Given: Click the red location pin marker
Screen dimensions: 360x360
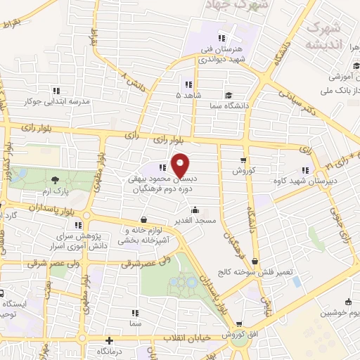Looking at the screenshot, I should pyautogui.click(x=181, y=165).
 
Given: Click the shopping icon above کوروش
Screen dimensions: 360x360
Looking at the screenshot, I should pyautogui.click(x=243, y=160).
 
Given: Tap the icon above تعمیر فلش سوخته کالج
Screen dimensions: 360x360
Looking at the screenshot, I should pyautogui.click(x=255, y=261).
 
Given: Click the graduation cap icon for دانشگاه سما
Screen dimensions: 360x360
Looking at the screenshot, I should pyautogui.click(x=229, y=95).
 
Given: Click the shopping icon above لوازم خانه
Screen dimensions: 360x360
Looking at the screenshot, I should pyautogui.click(x=144, y=219).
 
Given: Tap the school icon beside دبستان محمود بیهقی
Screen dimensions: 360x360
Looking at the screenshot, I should pyautogui.click(x=162, y=167).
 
